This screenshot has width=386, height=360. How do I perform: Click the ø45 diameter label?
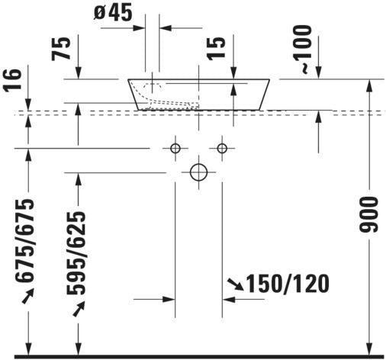click(113, 12)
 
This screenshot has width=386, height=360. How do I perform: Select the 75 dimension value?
click(61, 49)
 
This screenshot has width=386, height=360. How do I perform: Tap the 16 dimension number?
click(12, 79)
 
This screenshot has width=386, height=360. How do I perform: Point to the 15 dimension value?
click(216, 49)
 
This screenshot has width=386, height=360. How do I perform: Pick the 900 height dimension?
click(368, 215)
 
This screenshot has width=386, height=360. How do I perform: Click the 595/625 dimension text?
click(76, 252)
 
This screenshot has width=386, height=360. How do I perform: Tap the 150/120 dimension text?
click(288, 284)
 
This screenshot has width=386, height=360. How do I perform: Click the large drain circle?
click(198, 172)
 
